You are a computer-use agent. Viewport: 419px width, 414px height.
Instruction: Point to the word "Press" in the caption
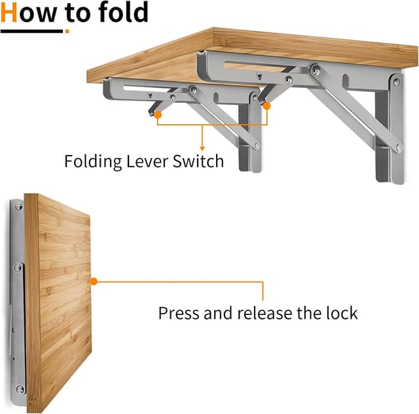[x=179, y=313]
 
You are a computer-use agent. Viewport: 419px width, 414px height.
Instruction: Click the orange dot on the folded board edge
[x=94, y=281]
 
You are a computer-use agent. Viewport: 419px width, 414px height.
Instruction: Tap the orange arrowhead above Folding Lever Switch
[x=202, y=148]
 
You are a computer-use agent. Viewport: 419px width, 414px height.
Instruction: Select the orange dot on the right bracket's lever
[x=266, y=104]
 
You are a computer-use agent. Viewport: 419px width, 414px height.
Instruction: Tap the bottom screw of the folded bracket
[x=20, y=389]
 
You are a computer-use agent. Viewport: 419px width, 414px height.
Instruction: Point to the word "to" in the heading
[x=78, y=12]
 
